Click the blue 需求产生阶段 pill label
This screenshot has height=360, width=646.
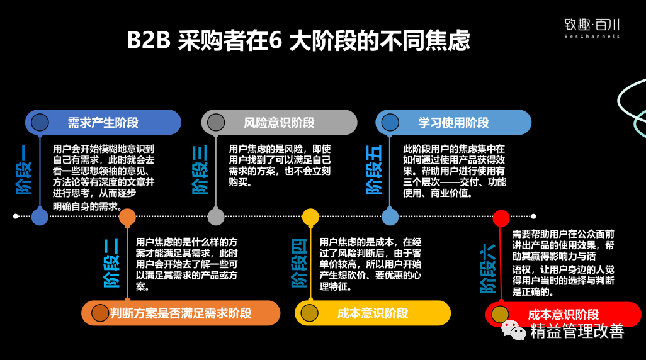click(103, 122)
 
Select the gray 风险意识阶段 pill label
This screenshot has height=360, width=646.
click(279, 122)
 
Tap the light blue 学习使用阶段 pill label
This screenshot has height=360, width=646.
click(453, 122)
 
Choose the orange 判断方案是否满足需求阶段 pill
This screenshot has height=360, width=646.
click(181, 313)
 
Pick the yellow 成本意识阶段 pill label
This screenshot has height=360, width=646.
click(373, 313)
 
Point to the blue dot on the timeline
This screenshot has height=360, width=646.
click(40, 217)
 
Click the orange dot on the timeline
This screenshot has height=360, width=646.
click(127, 217)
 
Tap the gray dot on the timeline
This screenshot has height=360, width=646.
click(216, 217)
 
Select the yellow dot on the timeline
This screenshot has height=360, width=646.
click(310, 217)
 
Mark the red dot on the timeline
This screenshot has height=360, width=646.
click(501, 218)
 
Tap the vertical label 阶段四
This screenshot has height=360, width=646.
click(300, 264)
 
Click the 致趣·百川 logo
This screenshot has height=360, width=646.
click(591, 28)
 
